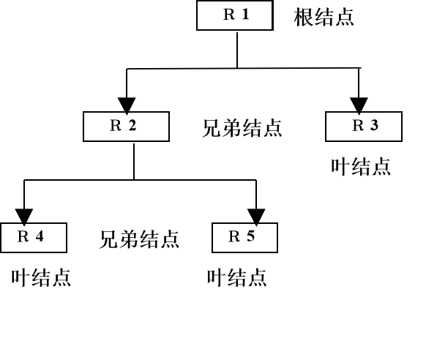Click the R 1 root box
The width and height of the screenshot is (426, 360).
[x=233, y=16]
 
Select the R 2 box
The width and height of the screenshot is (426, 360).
[x=126, y=126]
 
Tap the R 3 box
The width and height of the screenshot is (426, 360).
[x=363, y=126]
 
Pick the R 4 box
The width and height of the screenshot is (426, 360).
[x=34, y=237]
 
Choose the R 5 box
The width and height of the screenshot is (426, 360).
[x=244, y=237]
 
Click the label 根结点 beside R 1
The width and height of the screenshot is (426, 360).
[x=324, y=18]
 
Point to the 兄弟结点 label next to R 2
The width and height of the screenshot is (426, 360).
[x=242, y=129]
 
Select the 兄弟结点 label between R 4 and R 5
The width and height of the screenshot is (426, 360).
[x=139, y=239]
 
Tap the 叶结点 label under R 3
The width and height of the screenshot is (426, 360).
[x=360, y=167]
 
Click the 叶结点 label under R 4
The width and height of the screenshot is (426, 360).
[x=41, y=278]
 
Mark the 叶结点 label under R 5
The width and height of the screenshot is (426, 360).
[x=237, y=278]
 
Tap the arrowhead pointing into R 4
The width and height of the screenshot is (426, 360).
[x=24, y=215]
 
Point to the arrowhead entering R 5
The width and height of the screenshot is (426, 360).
[x=256, y=215]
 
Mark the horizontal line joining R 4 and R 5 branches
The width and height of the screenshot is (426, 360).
[x=139, y=179]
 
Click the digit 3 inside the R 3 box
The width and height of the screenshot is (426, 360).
[x=374, y=125]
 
